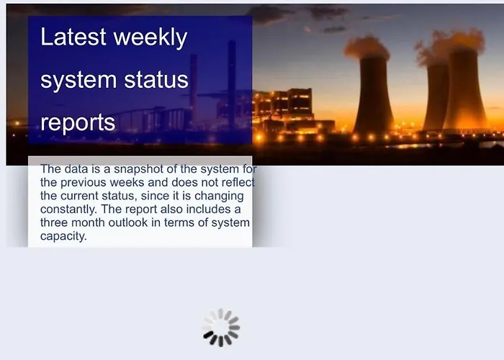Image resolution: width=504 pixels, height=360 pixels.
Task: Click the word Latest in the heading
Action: pos(73,36)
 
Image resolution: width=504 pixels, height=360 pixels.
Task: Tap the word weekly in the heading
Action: pos(150,38)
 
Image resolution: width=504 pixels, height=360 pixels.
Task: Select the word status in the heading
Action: pos(156,80)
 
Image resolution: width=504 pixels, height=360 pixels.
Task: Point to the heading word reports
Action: pos(78,123)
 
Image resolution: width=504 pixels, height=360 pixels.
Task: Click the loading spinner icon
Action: pos(221,328)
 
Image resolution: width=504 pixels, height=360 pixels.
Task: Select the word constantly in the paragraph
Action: pos(68,210)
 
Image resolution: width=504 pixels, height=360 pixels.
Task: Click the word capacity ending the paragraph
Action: pos(63,236)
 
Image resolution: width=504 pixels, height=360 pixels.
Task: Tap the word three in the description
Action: pos(54,222)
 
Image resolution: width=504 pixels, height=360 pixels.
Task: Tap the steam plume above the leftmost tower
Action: pos(366,48)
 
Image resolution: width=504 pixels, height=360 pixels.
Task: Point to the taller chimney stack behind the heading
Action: pos(231,84)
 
